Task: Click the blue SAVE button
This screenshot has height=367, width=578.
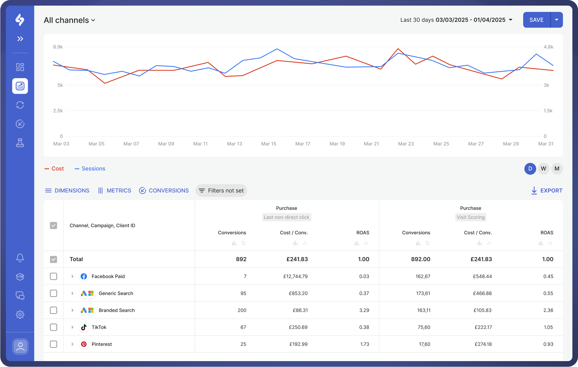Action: click(x=536, y=20)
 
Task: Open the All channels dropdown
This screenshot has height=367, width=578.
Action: click(x=70, y=20)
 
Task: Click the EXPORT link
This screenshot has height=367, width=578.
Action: click(x=547, y=191)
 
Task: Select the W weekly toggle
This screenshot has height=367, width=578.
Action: click(x=543, y=169)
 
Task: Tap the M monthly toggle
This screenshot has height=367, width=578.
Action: click(x=557, y=169)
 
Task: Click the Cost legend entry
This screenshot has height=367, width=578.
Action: click(x=54, y=169)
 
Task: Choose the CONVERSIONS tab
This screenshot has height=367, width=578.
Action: click(x=164, y=191)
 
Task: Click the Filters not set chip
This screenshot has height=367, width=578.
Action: click(x=221, y=191)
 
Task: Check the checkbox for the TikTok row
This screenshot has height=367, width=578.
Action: click(x=53, y=327)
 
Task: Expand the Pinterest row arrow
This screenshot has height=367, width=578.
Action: click(x=72, y=344)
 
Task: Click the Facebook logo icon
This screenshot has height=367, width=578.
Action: click(x=84, y=276)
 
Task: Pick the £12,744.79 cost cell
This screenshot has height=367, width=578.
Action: click(x=295, y=276)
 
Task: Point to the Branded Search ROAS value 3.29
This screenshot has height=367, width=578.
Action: click(x=364, y=310)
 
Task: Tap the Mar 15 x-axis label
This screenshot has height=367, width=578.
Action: click(x=269, y=144)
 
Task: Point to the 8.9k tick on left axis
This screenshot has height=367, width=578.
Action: click(x=58, y=47)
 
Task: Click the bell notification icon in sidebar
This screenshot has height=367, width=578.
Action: click(x=20, y=258)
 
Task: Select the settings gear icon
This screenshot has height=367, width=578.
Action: click(x=20, y=315)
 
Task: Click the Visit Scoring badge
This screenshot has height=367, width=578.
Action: click(x=470, y=217)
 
